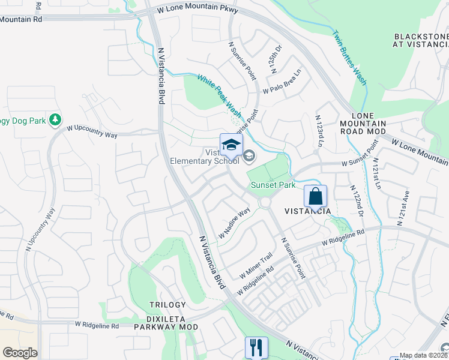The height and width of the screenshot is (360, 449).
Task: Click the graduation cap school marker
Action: [231, 145]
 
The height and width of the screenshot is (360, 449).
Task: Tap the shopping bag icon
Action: [315, 196]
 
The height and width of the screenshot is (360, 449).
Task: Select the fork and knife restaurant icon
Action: [256, 347]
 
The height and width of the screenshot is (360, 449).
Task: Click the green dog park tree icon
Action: [55, 120]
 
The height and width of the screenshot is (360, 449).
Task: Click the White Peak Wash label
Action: [220, 96]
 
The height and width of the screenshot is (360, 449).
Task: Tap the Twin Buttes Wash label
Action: [350, 58]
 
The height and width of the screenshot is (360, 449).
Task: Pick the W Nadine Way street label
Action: [234, 224]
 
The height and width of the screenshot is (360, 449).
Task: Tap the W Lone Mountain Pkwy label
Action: [198, 10]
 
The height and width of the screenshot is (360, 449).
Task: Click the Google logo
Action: [20, 353]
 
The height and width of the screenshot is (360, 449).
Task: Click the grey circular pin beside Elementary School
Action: [249, 157]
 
